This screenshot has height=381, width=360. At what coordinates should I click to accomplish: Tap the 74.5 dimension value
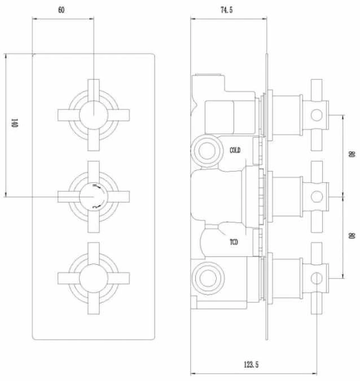(x=227, y=10)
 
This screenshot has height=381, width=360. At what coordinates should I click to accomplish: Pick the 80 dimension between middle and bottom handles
(x=351, y=234)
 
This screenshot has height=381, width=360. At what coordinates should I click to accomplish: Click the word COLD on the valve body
(x=235, y=150)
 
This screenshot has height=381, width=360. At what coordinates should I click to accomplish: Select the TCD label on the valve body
(x=234, y=243)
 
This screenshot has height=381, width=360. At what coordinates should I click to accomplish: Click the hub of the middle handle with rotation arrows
(x=93, y=196)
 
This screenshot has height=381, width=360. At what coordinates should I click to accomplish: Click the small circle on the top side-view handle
(x=317, y=115)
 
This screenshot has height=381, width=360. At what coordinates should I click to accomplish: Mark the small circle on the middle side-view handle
(x=317, y=196)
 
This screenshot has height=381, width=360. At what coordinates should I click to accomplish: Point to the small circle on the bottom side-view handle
(x=317, y=278)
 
